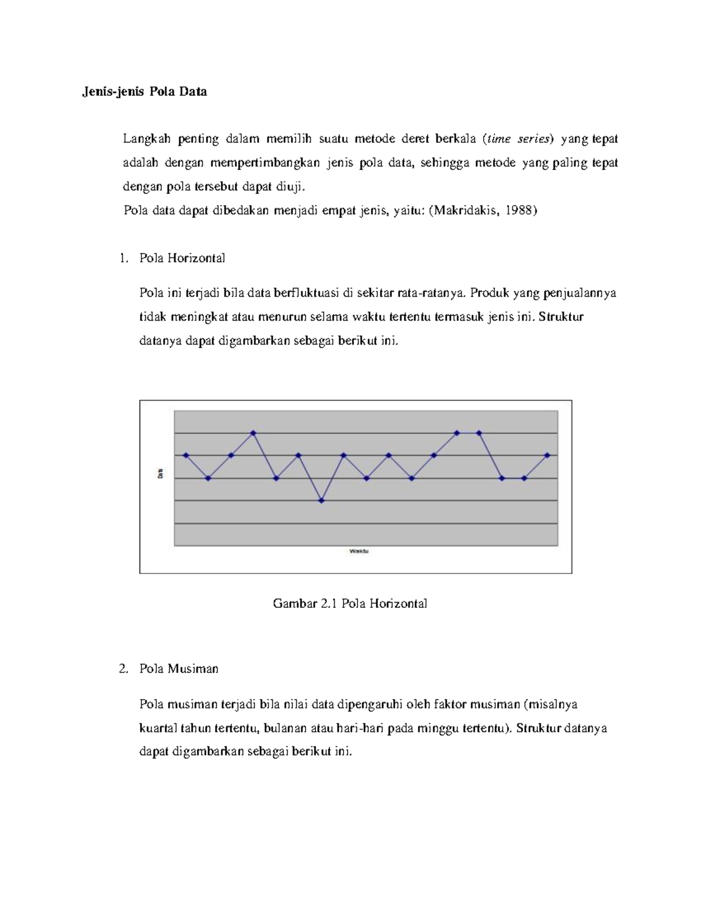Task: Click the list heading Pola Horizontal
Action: coord(182,258)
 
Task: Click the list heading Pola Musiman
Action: coord(179,669)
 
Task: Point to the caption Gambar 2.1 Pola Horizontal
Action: coord(350,603)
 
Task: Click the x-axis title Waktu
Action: coord(359,551)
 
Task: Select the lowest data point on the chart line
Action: coord(321,501)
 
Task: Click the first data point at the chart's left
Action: coord(186,455)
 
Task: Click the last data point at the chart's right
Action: coord(547,455)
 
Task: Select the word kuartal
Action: coord(158,728)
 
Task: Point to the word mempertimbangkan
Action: coord(265,163)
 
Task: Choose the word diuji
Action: coord(289,187)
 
